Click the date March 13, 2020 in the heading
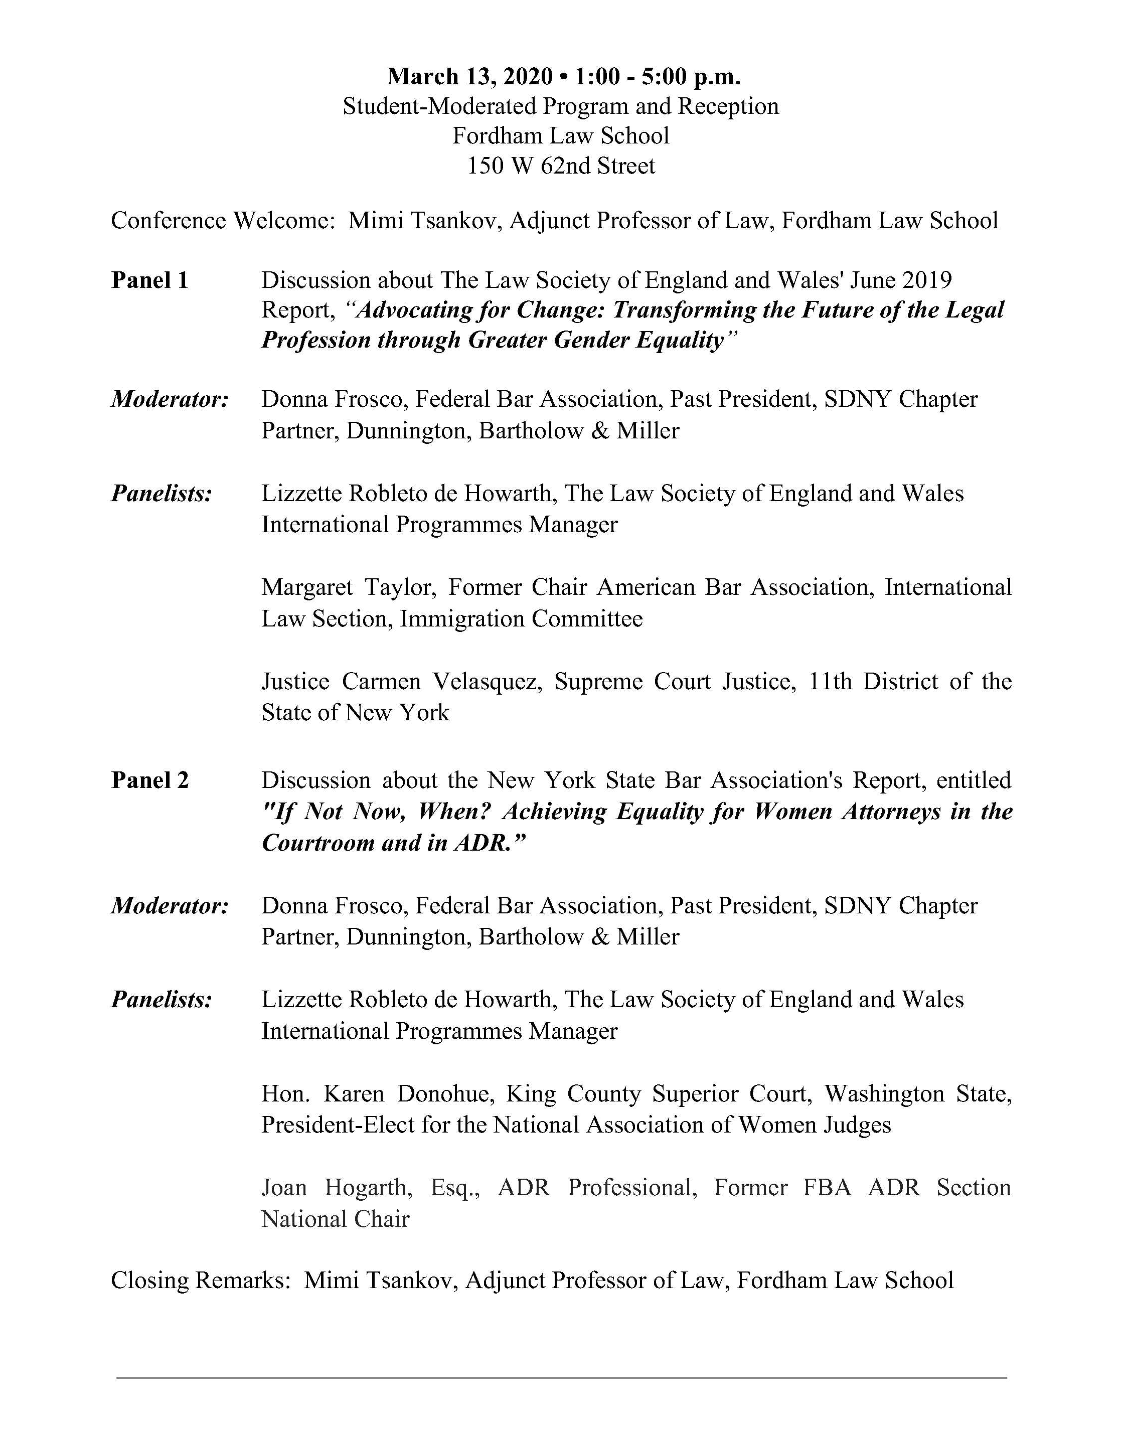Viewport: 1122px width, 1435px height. click(469, 77)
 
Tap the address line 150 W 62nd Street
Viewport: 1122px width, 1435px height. click(561, 166)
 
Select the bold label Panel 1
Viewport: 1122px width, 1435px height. click(150, 280)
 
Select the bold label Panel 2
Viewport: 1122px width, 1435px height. click(150, 780)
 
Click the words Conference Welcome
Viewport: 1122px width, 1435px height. click(222, 221)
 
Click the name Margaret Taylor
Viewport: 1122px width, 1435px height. click(349, 587)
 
